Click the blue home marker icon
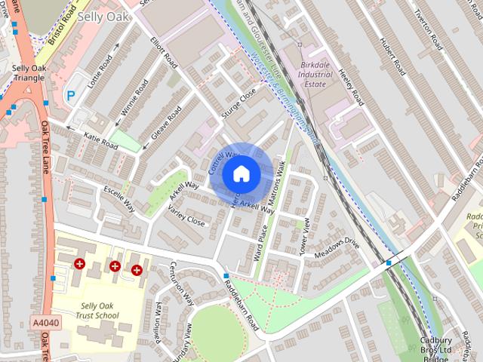coord(240,173)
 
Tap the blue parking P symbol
coord(71,96)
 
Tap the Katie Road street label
coord(100,140)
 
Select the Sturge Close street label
coord(239,103)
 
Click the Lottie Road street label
coord(100,72)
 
